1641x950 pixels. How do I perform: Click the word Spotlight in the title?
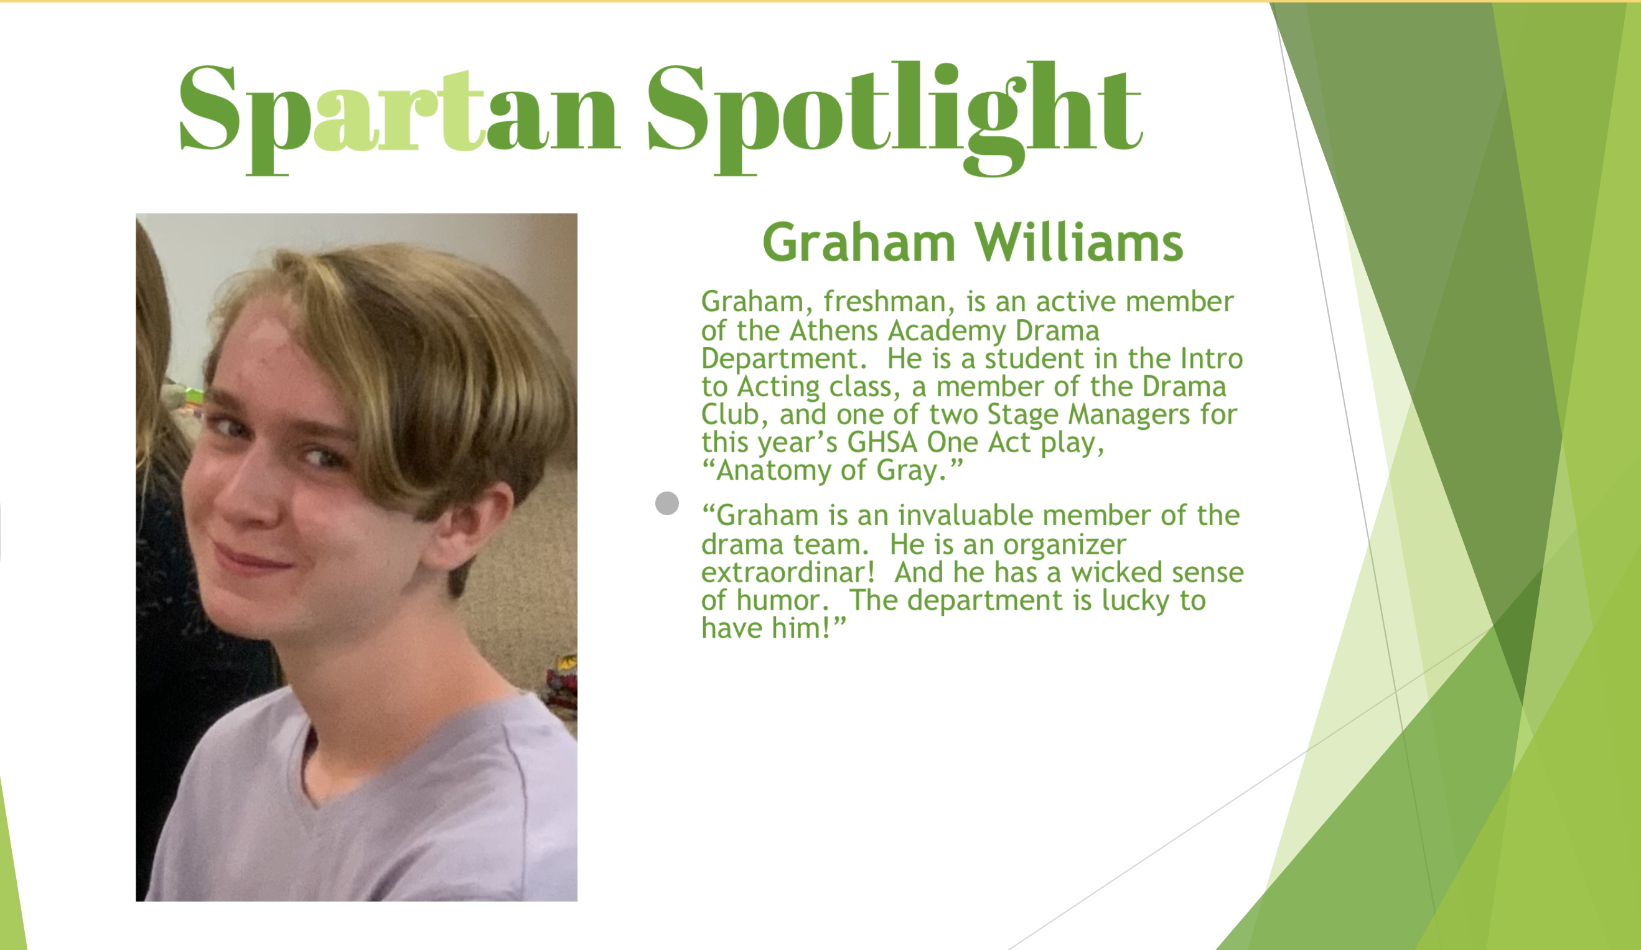[895, 117]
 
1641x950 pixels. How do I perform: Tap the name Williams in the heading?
[1078, 242]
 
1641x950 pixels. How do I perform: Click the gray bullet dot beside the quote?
[667, 503]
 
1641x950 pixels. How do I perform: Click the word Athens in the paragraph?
[834, 331]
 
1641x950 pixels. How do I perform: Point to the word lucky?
[1135, 601]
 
